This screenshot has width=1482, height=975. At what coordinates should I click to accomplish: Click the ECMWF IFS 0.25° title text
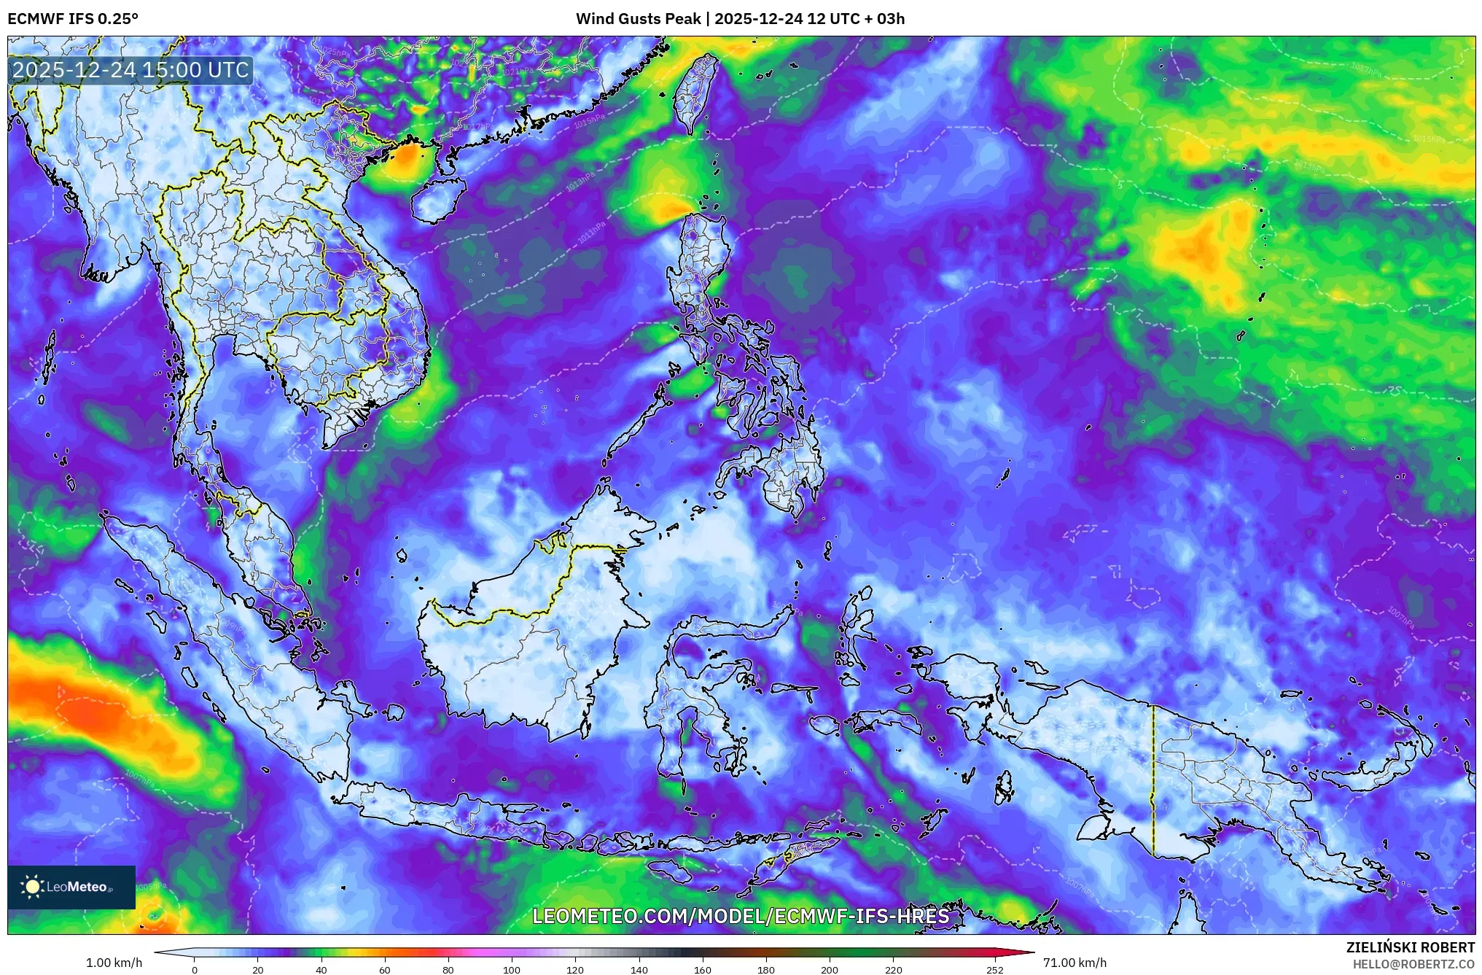(73, 19)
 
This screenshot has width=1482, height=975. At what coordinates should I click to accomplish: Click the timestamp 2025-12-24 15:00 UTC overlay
(131, 70)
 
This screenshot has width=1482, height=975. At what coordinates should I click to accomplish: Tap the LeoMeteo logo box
(71, 887)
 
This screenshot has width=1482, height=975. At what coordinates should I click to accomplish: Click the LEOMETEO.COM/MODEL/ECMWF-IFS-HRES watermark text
(741, 916)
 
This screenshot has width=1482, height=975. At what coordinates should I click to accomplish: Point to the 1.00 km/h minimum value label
(114, 963)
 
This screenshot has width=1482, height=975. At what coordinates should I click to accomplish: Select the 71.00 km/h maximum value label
(1074, 963)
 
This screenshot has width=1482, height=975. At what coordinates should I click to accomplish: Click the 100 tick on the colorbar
(512, 970)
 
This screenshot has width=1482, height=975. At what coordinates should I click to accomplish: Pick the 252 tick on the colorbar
(995, 970)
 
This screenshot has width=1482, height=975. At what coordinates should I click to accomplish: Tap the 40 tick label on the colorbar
(321, 970)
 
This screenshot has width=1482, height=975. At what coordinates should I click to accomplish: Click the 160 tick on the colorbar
(703, 970)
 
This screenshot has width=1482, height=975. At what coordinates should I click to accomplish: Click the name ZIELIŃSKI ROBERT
(1410, 947)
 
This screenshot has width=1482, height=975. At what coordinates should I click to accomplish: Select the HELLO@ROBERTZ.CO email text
(1413, 964)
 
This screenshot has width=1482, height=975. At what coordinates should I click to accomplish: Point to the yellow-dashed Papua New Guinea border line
(1153, 780)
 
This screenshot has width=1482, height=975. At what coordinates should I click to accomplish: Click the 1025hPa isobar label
(333, 52)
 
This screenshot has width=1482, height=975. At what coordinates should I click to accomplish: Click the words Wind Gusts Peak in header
(638, 19)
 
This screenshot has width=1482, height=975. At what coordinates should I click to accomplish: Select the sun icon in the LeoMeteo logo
(32, 887)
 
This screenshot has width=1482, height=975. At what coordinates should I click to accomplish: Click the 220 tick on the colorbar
(894, 970)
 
